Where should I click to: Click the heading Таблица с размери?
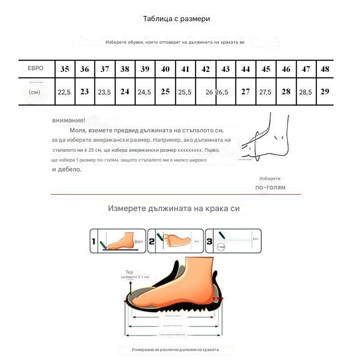(176, 19)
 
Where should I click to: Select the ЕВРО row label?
(36, 68)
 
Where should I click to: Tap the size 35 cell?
(65, 69)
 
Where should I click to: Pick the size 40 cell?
(165, 69)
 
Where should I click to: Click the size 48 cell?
(325, 69)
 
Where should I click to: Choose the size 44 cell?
(245, 69)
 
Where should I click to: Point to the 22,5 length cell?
(64, 92)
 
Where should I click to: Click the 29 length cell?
(325, 91)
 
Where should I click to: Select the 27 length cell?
(245, 91)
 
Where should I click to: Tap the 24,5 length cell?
(144, 92)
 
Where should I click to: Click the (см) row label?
(35, 92)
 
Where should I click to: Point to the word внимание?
(68, 120)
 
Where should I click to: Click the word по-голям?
(270, 187)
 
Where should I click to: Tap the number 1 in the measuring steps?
(93, 242)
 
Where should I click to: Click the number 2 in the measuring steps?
(152, 242)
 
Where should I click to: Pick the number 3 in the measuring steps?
(209, 242)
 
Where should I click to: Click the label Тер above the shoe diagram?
(129, 272)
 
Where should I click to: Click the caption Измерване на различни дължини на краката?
(175, 349)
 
